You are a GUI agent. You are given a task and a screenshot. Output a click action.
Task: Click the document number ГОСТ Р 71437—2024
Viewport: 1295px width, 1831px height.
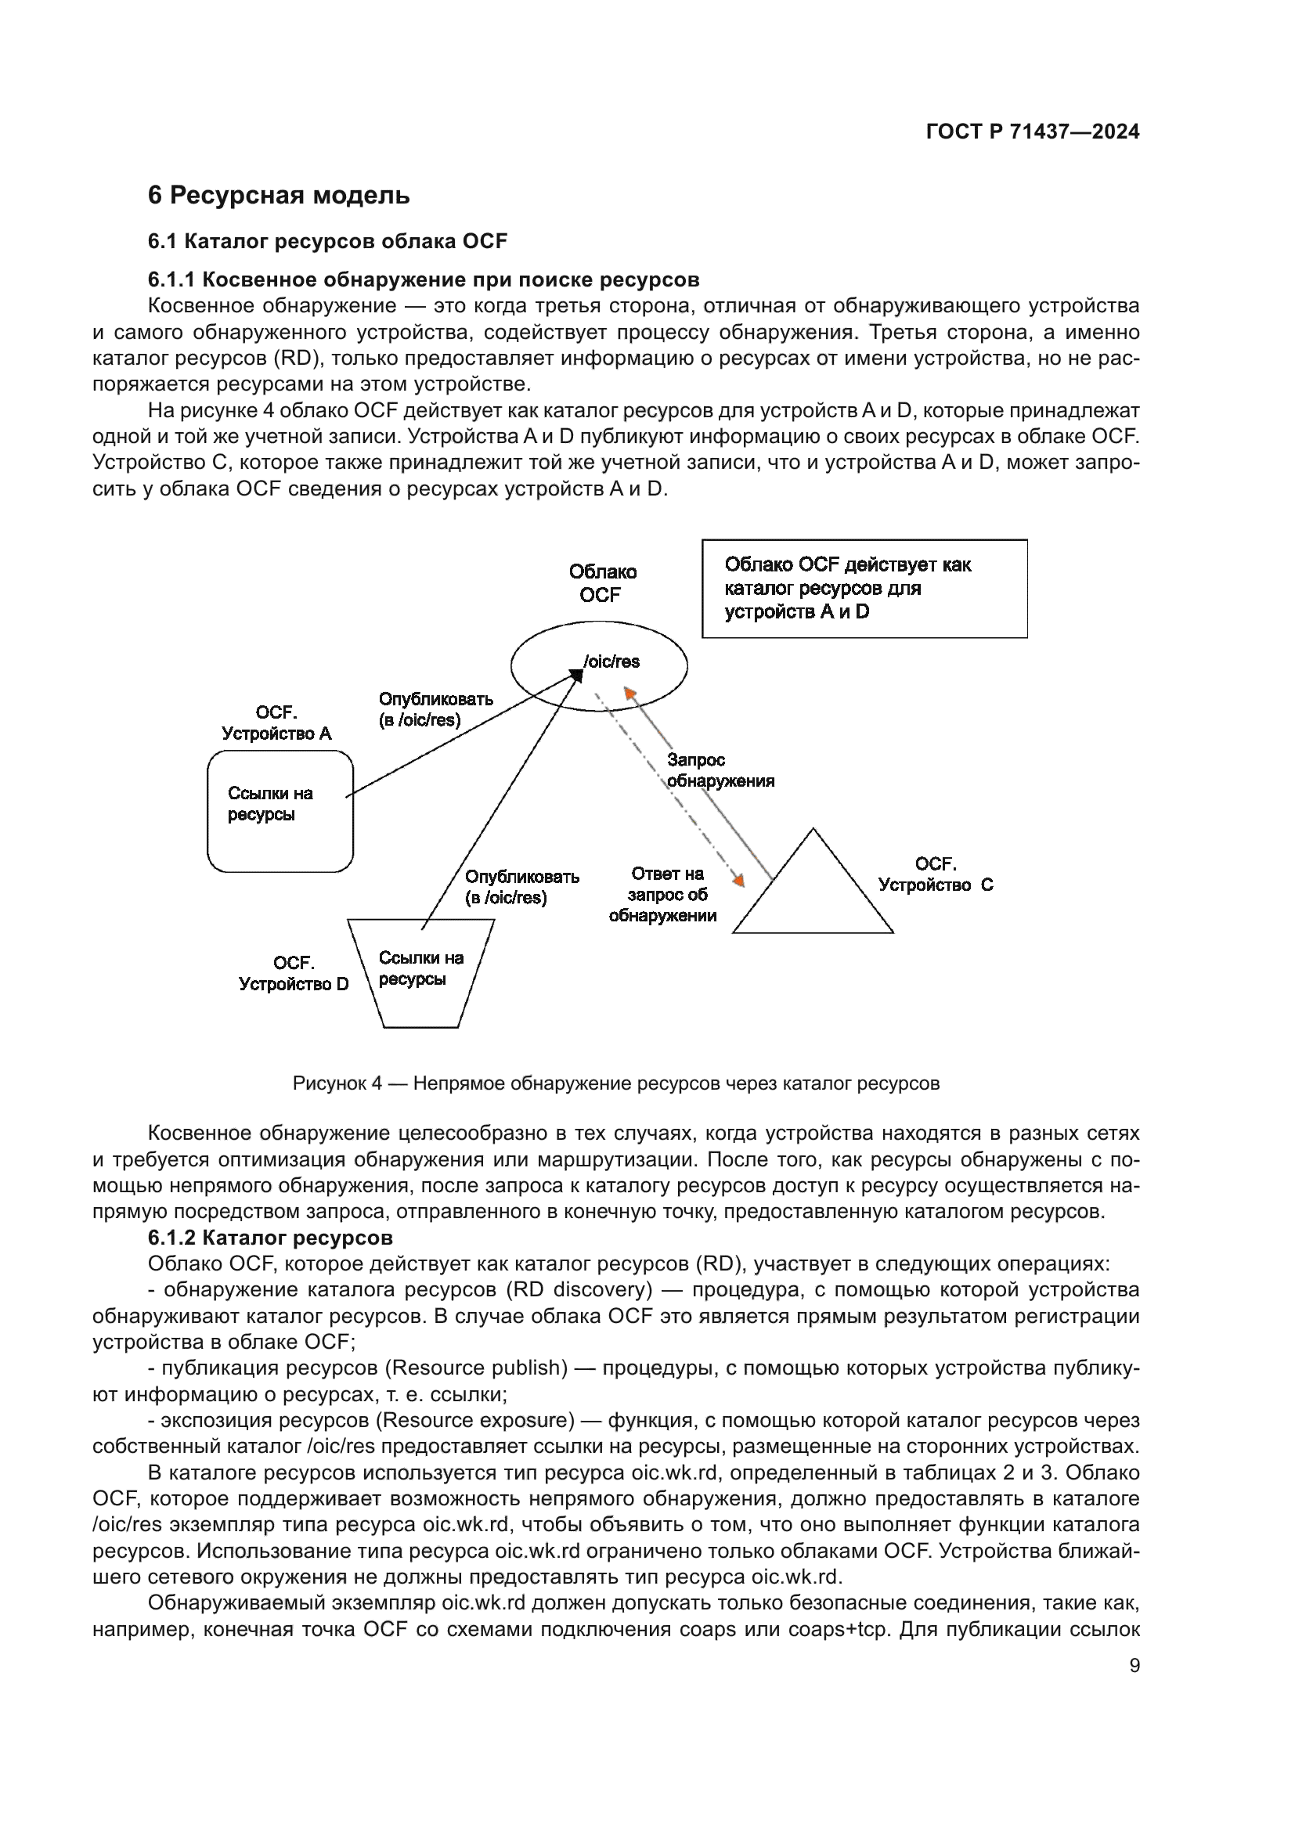click(x=1032, y=132)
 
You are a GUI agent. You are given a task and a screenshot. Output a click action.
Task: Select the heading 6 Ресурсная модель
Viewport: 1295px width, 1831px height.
click(x=278, y=196)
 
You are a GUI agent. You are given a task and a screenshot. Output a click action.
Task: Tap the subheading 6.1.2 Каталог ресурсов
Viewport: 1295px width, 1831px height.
click(x=270, y=1238)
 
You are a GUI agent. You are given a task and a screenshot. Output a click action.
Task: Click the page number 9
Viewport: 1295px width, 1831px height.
click(x=1134, y=1665)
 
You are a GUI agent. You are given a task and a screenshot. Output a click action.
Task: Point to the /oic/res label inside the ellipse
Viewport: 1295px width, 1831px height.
click(x=611, y=662)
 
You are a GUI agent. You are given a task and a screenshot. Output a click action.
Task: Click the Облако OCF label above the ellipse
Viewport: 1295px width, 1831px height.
click(x=602, y=583)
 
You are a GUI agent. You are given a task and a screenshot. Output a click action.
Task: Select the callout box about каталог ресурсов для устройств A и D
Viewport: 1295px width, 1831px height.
click(x=864, y=589)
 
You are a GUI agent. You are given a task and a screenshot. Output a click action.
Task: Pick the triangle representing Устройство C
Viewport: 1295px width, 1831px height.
click(x=813, y=897)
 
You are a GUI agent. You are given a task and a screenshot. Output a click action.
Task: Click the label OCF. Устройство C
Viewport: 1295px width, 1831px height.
click(x=936, y=874)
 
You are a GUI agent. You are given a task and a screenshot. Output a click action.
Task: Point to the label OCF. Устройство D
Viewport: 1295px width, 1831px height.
click(x=294, y=974)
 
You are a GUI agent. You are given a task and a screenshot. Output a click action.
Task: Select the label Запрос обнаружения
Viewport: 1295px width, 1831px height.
click(x=720, y=770)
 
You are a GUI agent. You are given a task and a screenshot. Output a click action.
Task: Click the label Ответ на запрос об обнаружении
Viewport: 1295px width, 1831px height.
click(x=663, y=895)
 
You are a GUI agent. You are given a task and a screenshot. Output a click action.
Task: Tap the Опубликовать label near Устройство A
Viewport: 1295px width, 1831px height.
click(x=435, y=709)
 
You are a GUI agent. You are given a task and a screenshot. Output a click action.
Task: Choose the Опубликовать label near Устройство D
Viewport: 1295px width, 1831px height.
click(x=521, y=887)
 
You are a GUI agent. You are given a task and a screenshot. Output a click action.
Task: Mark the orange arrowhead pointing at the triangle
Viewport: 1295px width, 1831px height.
click(x=739, y=881)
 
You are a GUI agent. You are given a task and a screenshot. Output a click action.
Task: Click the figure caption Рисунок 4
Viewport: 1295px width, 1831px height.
click(x=615, y=1083)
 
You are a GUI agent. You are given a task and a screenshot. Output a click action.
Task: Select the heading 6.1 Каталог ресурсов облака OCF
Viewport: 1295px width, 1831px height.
click(x=327, y=241)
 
